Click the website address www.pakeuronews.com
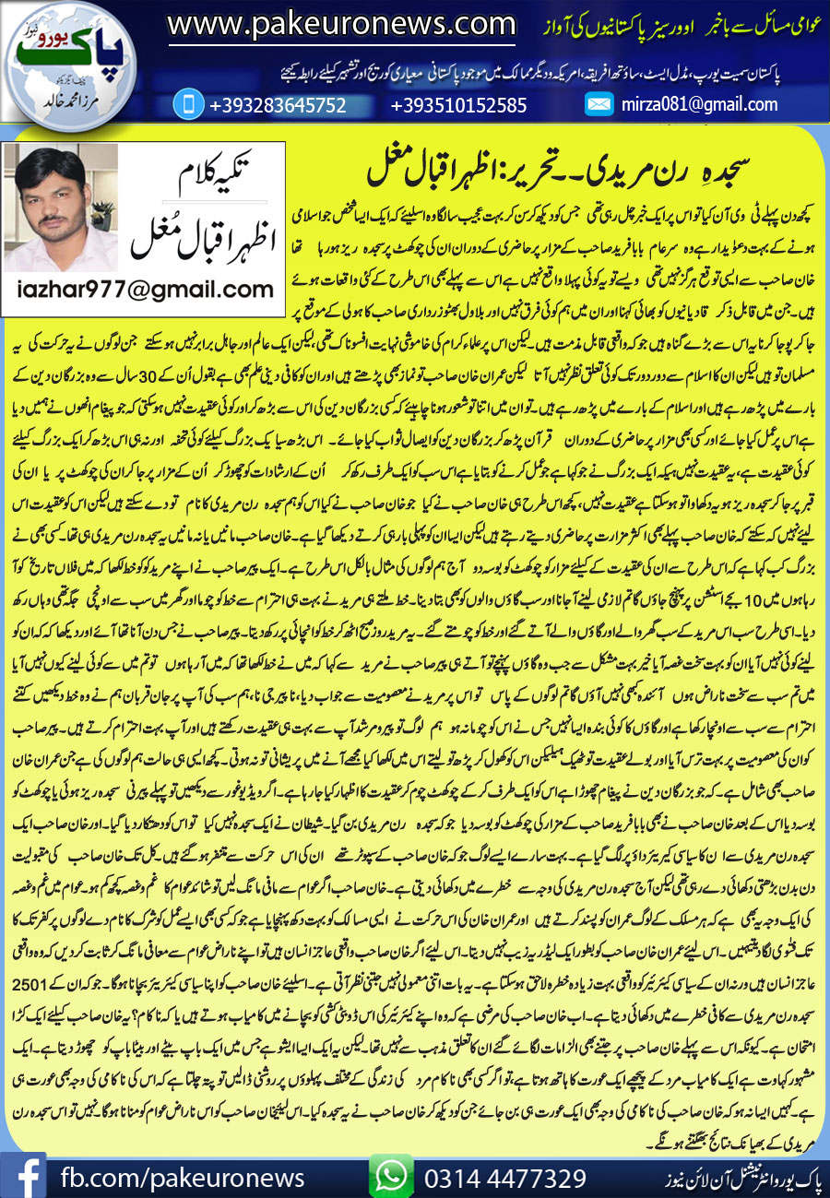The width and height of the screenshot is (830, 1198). [x=341, y=23]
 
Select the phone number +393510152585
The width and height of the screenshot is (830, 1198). [x=459, y=105]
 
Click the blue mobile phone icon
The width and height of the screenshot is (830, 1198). [x=187, y=104]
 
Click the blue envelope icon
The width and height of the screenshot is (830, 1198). [x=600, y=104]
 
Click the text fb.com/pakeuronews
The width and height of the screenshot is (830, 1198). [x=182, y=1177]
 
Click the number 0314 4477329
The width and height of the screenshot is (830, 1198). [x=505, y=1177]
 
